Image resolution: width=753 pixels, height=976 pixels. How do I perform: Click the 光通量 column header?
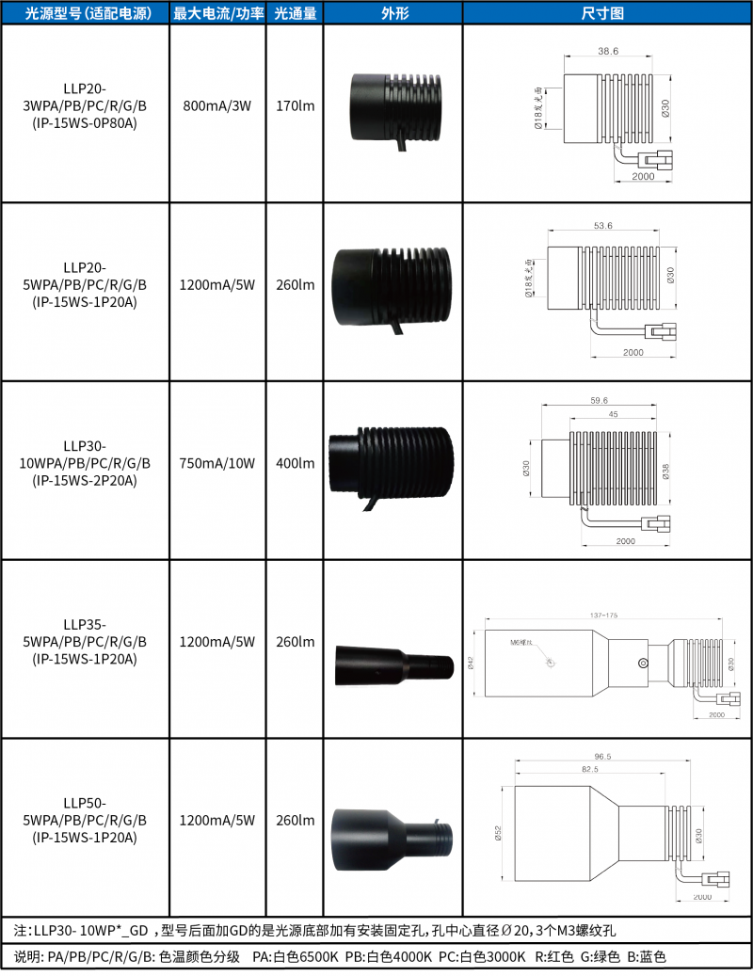(295, 14)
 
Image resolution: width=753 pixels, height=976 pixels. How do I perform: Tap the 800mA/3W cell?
(217, 105)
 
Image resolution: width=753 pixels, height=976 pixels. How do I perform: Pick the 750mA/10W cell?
(217, 464)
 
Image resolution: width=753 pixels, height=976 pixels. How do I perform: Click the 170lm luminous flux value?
(295, 105)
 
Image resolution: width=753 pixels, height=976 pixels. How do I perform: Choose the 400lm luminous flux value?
(295, 464)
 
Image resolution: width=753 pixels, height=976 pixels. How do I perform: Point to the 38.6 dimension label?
(608, 52)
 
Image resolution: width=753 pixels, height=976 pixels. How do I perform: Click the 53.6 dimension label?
(602, 226)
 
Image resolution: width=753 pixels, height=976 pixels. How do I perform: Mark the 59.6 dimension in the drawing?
(599, 400)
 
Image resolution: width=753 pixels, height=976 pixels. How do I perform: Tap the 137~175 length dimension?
(602, 615)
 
